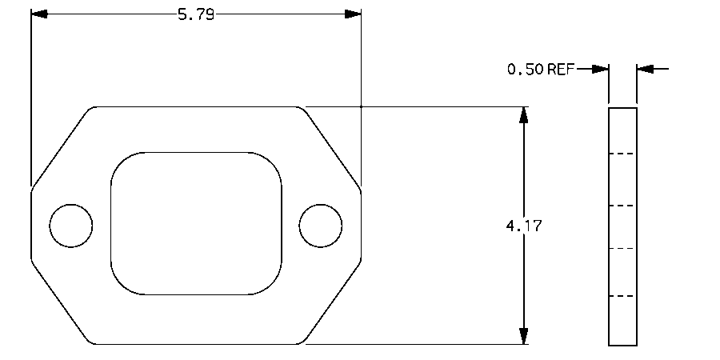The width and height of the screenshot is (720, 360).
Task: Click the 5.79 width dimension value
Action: tap(196, 14)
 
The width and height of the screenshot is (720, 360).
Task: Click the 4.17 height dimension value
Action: tap(524, 226)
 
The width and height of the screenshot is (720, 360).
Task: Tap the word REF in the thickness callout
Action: tap(561, 70)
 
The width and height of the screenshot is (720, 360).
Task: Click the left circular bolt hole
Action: tap(71, 226)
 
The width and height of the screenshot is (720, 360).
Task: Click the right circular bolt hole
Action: tap(321, 226)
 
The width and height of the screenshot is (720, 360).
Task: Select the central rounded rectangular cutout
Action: tap(196, 223)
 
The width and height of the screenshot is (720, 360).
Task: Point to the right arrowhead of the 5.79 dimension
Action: tap(352, 14)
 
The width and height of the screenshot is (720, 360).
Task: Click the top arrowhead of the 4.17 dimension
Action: tap(524, 115)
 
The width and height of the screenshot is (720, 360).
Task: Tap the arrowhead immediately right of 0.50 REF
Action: tap(601, 70)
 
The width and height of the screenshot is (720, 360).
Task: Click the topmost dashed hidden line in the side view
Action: tap(622, 153)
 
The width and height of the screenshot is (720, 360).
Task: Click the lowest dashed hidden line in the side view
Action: tap(622, 296)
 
